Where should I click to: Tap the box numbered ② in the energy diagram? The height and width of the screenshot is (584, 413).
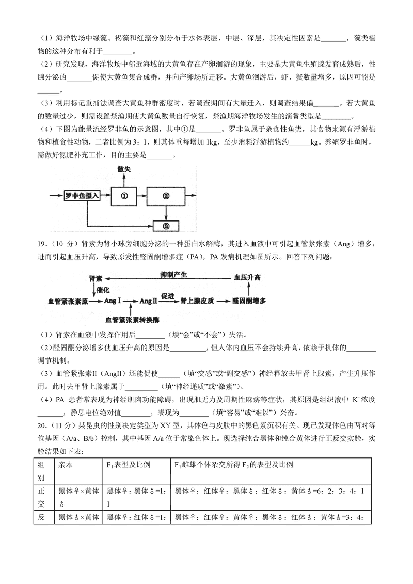pyautogui.click(x=166, y=196)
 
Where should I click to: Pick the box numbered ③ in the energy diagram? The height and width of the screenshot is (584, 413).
pyautogui.click(x=166, y=225)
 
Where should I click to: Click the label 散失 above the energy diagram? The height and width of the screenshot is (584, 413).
pyautogui.click(x=124, y=170)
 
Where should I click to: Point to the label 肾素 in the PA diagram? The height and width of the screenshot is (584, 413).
pyautogui.click(x=97, y=278)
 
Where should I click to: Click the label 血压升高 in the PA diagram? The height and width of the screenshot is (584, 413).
pyautogui.click(x=247, y=277)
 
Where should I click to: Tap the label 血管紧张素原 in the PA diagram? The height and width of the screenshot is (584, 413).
pyautogui.click(x=68, y=301)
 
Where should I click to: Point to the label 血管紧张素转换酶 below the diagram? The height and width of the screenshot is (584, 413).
pyautogui.click(x=133, y=320)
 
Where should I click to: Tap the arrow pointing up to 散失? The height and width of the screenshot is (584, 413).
pyautogui.click(x=124, y=180)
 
